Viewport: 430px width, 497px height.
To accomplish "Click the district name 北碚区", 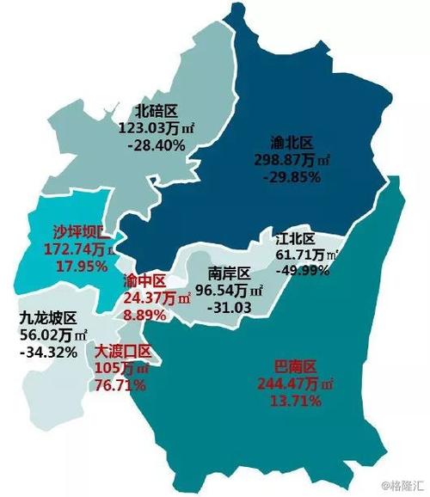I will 156,110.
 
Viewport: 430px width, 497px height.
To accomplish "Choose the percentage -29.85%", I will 292,177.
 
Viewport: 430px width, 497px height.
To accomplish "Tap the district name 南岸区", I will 229,273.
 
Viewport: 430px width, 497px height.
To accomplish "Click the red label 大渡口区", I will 122,352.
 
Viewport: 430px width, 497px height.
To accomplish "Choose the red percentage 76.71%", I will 120,385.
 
